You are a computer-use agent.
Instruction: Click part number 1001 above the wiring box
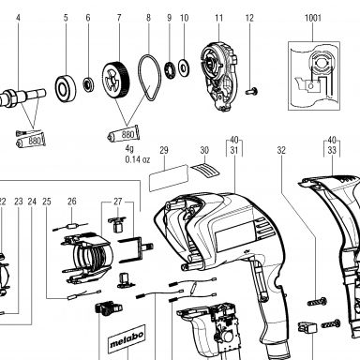pyautogui.click(x=313, y=18)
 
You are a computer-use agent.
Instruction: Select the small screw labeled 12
pyautogui.click(x=251, y=92)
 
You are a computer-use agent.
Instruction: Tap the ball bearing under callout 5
pyautogui.click(x=66, y=88)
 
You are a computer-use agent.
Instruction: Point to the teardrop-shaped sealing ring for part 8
pyautogui.click(x=149, y=78)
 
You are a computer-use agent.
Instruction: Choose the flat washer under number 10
pyautogui.click(x=184, y=67)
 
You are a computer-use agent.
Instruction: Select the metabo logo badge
pyautogui.click(x=127, y=339)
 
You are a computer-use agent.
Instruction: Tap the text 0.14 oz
pyautogui.click(x=138, y=159)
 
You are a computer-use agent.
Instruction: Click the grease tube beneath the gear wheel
pyautogui.click(x=124, y=134)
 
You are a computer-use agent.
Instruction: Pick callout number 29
pyautogui.click(x=164, y=150)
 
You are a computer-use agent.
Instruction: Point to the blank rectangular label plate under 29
pyautogui.click(x=169, y=177)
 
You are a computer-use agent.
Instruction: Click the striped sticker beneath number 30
pyautogui.click(x=205, y=170)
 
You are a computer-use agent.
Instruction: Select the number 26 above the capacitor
pyautogui.click(x=72, y=202)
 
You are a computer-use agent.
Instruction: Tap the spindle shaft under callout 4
pyautogui.click(x=22, y=97)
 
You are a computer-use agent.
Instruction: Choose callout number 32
pyautogui.click(x=281, y=150)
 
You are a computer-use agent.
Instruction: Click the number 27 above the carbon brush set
pyautogui.click(x=118, y=202)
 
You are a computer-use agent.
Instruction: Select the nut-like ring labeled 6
pyautogui.click(x=88, y=84)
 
